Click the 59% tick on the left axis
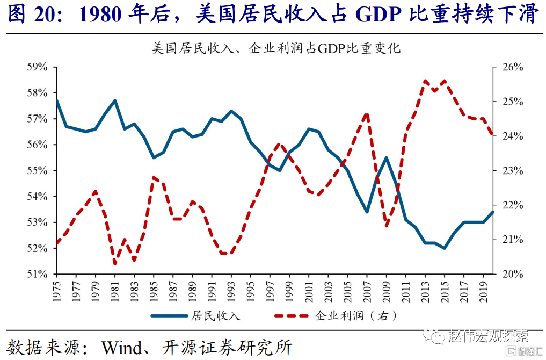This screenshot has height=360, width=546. coord(37,67)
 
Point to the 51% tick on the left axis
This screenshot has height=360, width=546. coord(37,274)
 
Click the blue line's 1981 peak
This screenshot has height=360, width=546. coord(115,100)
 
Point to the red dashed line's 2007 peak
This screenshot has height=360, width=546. coord(367,113)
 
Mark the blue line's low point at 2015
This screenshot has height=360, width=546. coord(445,248)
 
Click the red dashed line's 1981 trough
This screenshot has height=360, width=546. coord(115,263)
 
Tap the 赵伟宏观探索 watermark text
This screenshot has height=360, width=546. coord(489,337)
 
